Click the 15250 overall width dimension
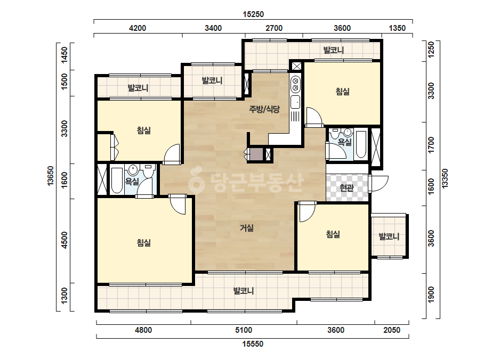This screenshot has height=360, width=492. coord(253,14)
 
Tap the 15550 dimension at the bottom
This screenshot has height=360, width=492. coord(253,344)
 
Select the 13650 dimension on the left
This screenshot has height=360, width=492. coord(51,176)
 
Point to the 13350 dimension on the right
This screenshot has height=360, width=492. coord(445,178)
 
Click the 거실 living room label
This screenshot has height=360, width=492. coord(247,228)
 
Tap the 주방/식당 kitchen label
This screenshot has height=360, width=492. coord(264,109)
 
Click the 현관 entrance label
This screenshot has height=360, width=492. coord(346,188)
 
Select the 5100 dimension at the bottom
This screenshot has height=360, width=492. coord(244,330)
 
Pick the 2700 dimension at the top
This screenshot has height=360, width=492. coord(274,28)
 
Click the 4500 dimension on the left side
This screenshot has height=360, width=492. coord(64,240)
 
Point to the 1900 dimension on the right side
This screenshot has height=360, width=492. coord(431,294)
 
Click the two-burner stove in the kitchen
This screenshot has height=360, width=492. coord(295,84)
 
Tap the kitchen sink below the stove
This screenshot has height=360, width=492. coord(295,102)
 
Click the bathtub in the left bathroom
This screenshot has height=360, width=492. coord(117,181)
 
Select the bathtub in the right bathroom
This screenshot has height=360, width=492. coord(360,144)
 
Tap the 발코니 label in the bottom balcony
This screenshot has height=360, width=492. coord(244,291)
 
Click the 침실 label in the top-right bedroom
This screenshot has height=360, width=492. coord(342,92)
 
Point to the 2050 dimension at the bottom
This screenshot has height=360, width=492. coord(392,330)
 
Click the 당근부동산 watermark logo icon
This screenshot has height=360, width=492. coord(196,181)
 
